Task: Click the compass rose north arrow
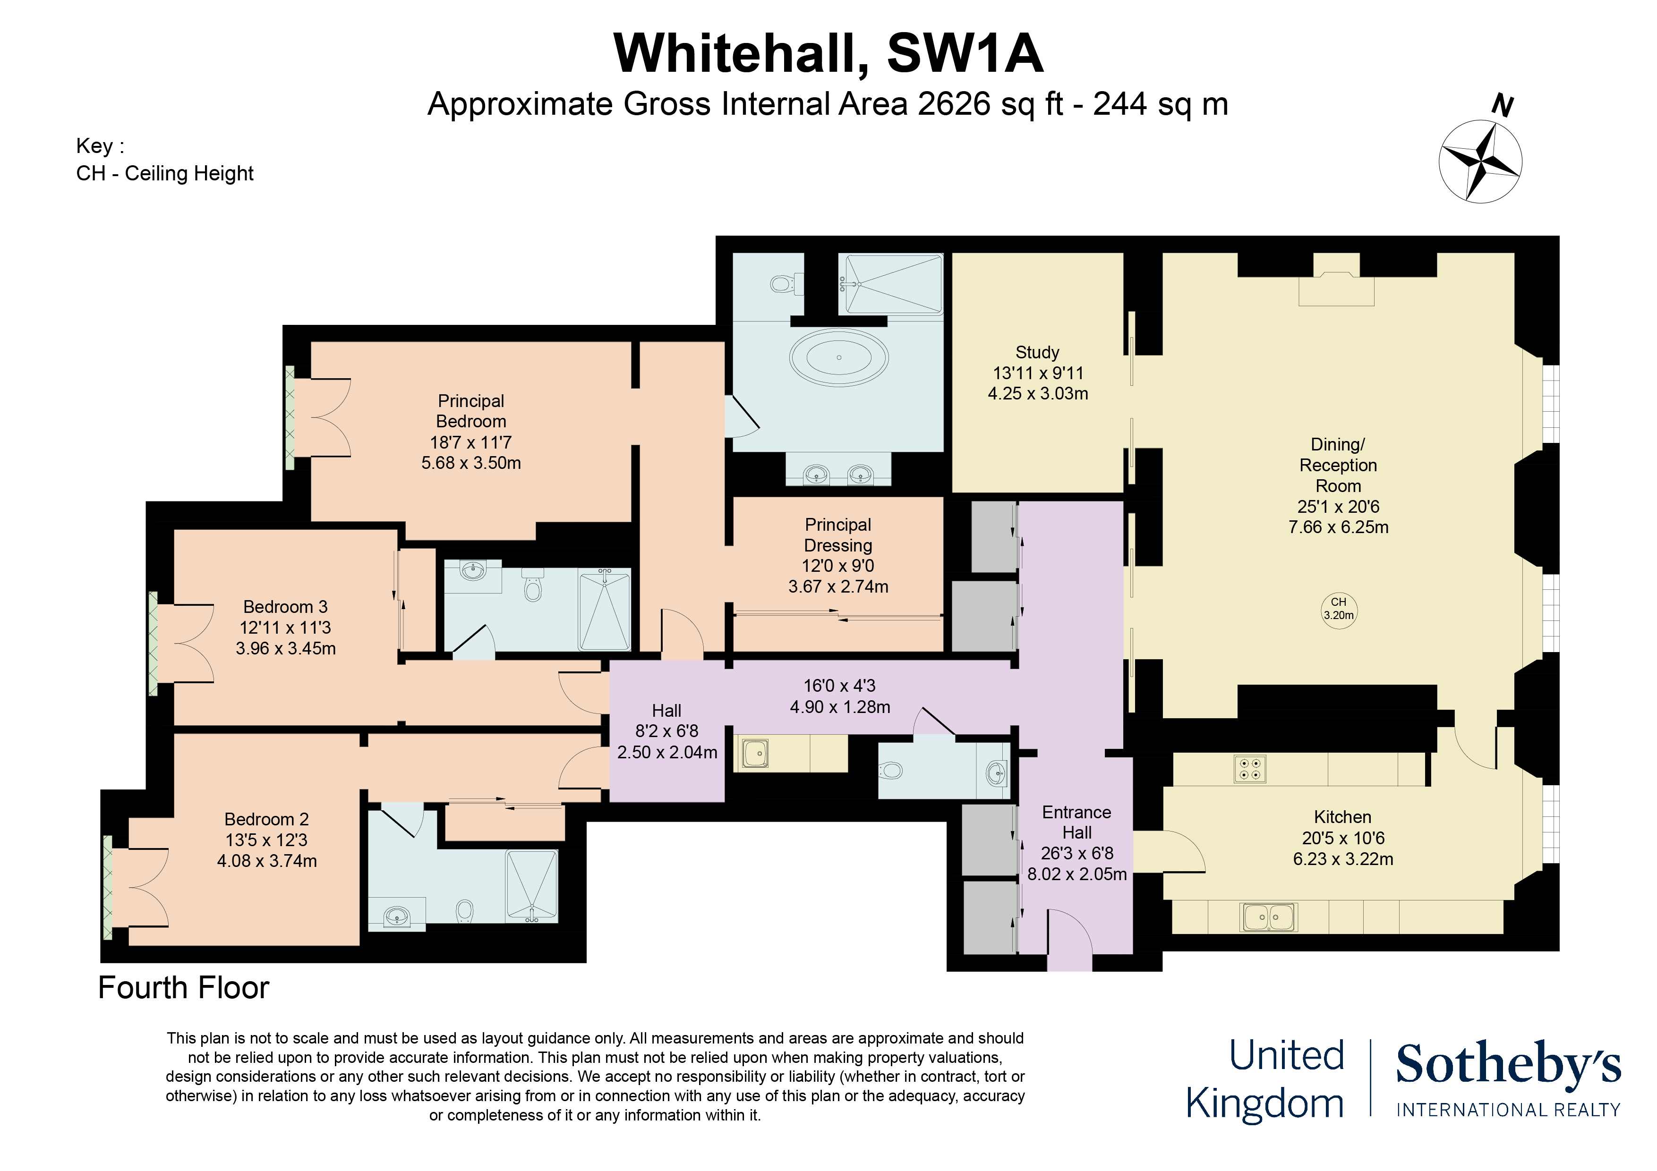1481,161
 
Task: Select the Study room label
1037,353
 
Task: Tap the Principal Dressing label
838,535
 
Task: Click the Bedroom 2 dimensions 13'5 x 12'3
266,840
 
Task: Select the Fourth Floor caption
183,988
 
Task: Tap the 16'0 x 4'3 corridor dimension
839,686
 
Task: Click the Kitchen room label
1342,817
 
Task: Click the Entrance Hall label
1076,823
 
